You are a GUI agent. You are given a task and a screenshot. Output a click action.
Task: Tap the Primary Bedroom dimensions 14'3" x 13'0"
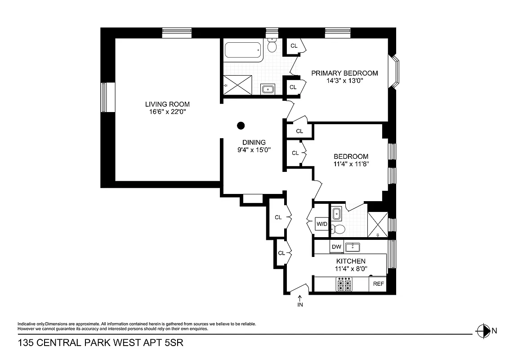coord(344,81)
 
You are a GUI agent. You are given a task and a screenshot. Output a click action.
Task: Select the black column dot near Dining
coord(241,126)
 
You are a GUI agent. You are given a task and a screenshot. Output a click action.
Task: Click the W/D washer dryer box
coord(321,224)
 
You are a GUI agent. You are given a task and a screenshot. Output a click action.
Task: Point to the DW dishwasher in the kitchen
coord(336,247)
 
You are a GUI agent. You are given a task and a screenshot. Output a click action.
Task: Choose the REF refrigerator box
coord(378,284)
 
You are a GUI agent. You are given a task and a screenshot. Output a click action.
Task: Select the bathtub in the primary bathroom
coord(243,51)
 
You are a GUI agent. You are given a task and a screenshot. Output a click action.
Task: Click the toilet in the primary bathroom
coord(272,45)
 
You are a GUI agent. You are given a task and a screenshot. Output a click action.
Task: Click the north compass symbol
coord(482,331)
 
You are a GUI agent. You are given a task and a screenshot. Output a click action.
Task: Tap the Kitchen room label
coord(351,261)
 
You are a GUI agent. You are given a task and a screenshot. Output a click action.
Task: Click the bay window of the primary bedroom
coord(394,72)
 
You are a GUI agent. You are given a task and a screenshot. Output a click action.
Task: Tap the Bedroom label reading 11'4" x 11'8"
coord(351,164)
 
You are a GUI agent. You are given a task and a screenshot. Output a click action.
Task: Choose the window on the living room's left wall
coord(104,97)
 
